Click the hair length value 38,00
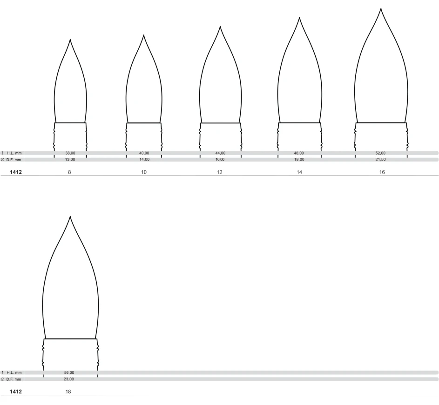click(70, 153)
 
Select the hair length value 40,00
click(144, 153)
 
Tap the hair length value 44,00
click(220, 153)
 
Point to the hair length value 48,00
click(299, 153)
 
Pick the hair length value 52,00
click(380, 153)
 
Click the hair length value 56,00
click(69, 372)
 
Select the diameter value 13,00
click(70, 160)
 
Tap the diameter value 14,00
click(144, 160)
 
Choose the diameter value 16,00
click(220, 160)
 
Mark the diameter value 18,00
click(299, 160)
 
